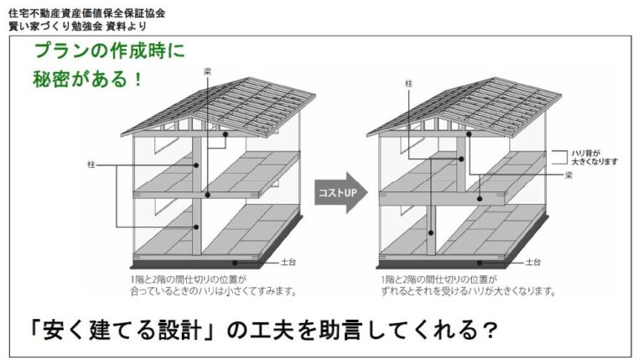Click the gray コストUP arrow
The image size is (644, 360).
[x=340, y=192]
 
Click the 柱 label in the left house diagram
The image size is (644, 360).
[x=91, y=164]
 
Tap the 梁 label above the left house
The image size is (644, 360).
[x=208, y=71]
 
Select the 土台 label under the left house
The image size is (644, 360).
[x=288, y=262]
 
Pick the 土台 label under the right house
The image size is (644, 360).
[x=533, y=262]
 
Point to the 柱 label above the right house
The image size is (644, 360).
[x=408, y=83]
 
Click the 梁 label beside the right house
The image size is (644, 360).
[x=569, y=175]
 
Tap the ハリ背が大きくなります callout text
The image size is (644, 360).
[x=595, y=158]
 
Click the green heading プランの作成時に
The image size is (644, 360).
[x=109, y=50]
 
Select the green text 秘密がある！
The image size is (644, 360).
[x=87, y=79]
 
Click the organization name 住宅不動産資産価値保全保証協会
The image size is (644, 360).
[x=86, y=13]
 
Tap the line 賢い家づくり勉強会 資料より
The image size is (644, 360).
[x=77, y=26]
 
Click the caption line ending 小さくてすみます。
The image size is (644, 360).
[x=214, y=291]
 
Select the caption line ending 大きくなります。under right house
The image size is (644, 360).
[x=469, y=291]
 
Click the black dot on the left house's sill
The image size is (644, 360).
[x=235, y=263]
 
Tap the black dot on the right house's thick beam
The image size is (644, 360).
[x=480, y=199]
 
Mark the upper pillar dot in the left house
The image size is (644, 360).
[x=196, y=165]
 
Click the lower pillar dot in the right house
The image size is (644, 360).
[x=431, y=233]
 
